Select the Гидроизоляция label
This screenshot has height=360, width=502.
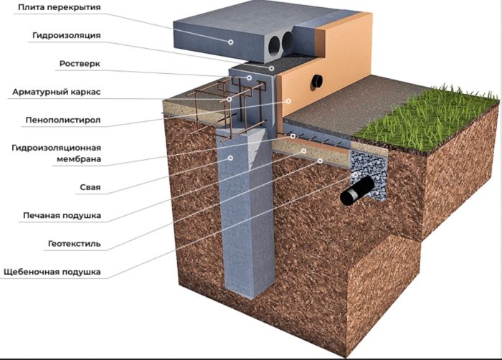pos(66,35)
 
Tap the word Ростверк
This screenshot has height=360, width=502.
pos(80,63)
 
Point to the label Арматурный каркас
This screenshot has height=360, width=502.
pos(56,92)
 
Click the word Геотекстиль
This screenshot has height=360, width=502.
pos(75,244)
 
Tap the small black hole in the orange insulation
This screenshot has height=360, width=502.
pos(316,82)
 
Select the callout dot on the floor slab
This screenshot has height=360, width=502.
pos(232,42)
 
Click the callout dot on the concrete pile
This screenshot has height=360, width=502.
pos(230,158)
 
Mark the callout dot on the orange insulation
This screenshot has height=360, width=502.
pos(288,102)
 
